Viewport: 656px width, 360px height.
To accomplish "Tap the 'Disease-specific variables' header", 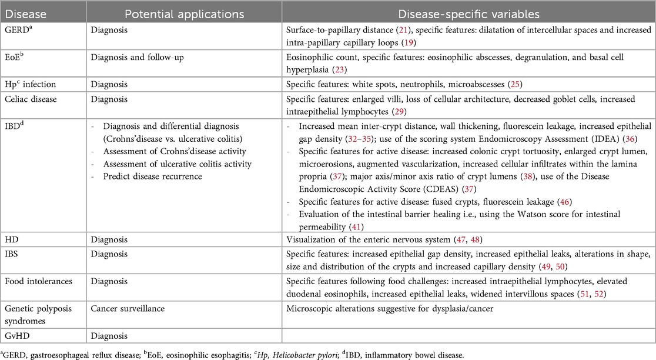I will click(x=467, y=12).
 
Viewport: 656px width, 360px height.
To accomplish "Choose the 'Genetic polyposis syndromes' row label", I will click(x=33, y=312).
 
